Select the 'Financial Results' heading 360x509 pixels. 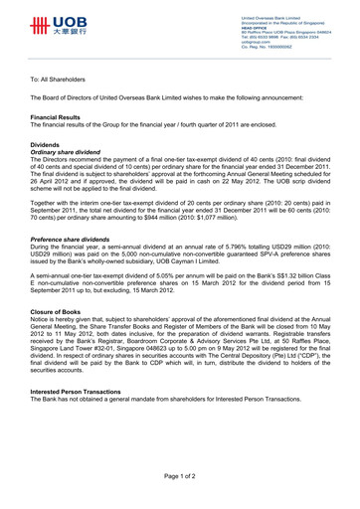pos(59,116)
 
